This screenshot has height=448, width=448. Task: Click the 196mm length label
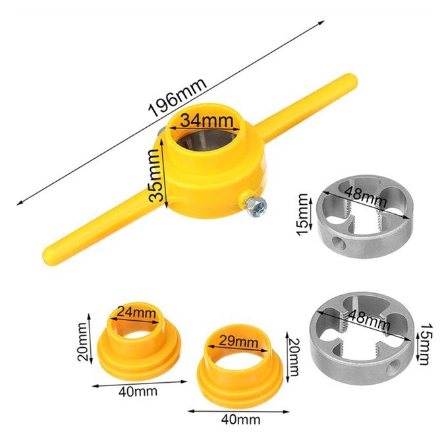[x=177, y=97]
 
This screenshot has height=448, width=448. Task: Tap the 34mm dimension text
[x=207, y=120]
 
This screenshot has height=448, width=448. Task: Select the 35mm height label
[x=155, y=175]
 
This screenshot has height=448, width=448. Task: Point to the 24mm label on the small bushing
[x=136, y=312]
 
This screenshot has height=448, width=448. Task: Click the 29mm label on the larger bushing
[x=238, y=341]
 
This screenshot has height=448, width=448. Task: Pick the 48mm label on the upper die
[x=366, y=197]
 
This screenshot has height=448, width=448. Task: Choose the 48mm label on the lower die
[x=369, y=320]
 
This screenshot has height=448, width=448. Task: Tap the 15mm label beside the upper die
[x=302, y=215]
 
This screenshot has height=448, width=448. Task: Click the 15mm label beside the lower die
[x=426, y=344]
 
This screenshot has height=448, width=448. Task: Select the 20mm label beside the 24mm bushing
[x=82, y=342]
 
